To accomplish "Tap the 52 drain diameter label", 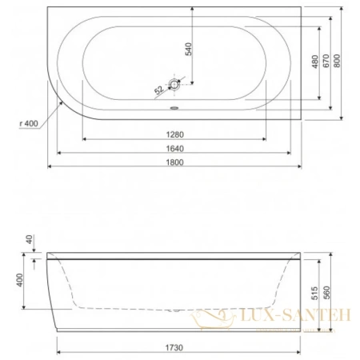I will click(x=158, y=90).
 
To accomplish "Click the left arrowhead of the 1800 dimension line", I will click(x=51, y=167).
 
